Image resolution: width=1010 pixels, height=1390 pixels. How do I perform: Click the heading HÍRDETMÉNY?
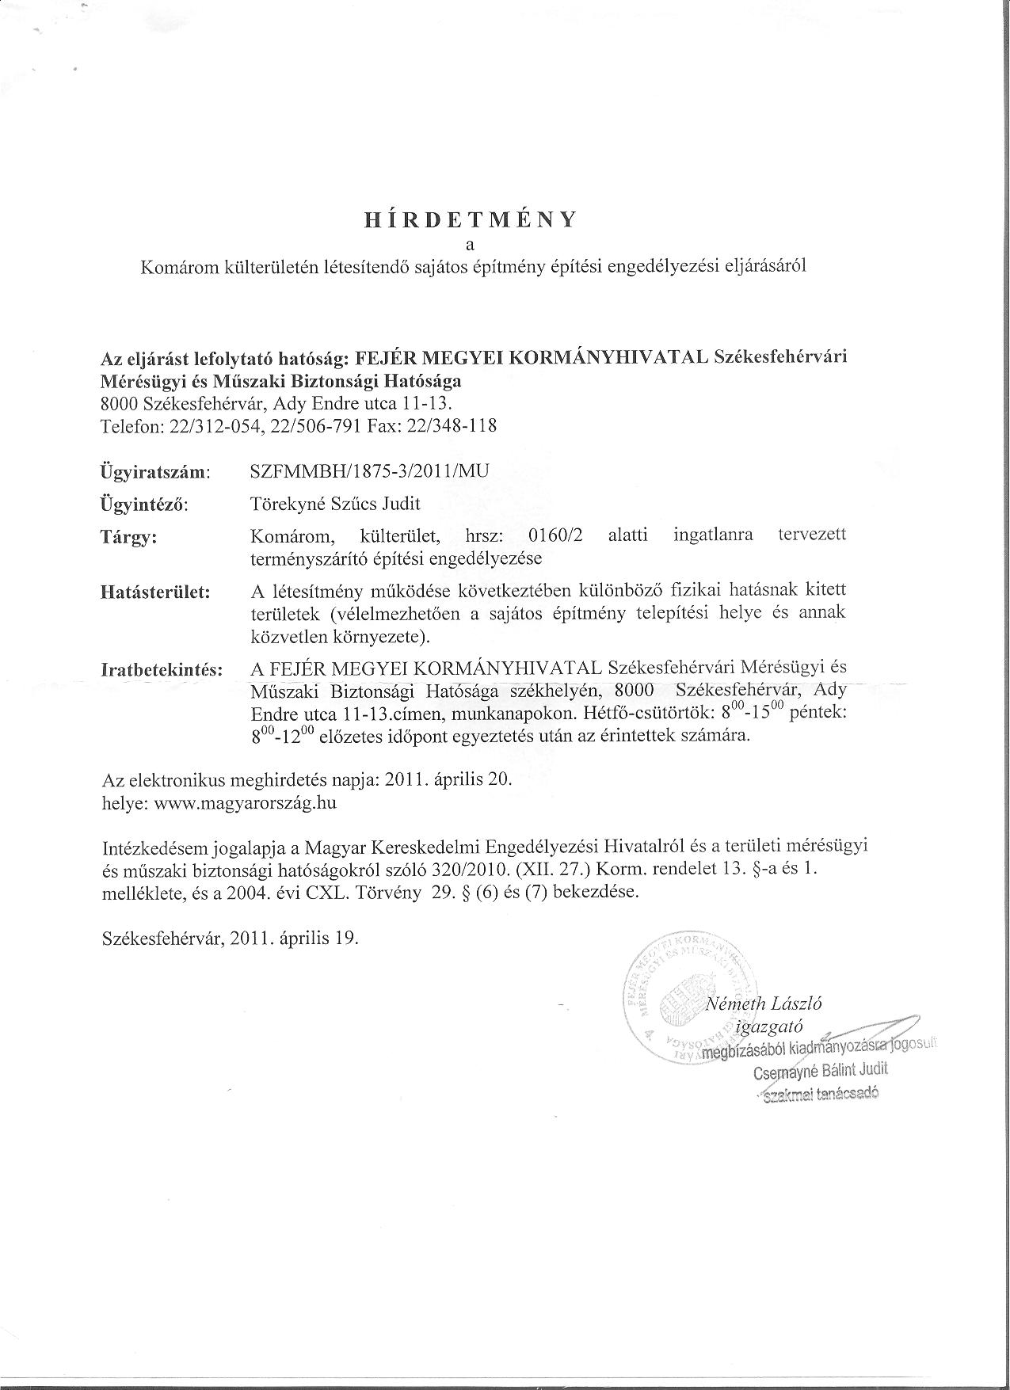pyautogui.click(x=470, y=220)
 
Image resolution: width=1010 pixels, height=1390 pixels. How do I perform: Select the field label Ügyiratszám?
pyautogui.click(x=155, y=472)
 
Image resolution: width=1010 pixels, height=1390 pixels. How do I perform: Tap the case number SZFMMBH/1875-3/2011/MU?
pyautogui.click(x=369, y=470)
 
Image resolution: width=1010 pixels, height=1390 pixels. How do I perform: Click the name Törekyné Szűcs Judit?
pyautogui.click(x=334, y=503)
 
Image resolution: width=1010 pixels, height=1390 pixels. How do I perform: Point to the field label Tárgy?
pyautogui.click(x=129, y=537)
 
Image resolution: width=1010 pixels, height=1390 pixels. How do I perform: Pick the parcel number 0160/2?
pyautogui.click(x=555, y=535)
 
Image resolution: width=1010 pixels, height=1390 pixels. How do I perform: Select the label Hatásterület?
pyautogui.click(x=155, y=592)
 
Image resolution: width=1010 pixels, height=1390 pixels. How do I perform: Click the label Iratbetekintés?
pyautogui.click(x=162, y=669)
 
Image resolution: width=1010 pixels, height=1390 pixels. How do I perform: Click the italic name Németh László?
pyautogui.click(x=764, y=1003)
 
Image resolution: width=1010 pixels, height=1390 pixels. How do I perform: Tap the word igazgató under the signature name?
pyautogui.click(x=770, y=1027)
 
